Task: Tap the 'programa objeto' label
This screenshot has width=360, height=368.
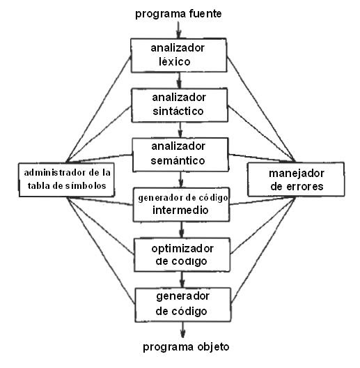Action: (x=185, y=346)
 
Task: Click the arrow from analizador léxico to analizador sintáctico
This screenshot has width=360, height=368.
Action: (x=180, y=77)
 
